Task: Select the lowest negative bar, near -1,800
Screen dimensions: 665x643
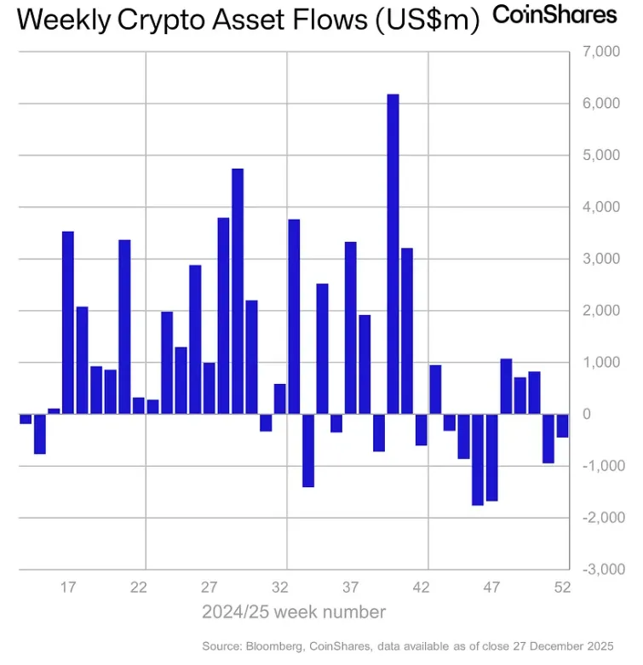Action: pos(477,460)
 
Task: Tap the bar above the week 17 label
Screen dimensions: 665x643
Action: pos(68,323)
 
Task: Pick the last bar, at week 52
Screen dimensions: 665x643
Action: pos(562,425)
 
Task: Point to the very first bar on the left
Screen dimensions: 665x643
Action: pos(26,418)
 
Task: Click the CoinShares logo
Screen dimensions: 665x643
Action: pos(554,14)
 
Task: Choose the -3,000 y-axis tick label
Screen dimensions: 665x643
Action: pos(603,570)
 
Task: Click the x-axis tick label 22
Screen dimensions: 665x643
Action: pos(139,587)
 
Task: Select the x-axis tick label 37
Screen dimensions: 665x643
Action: pos(351,587)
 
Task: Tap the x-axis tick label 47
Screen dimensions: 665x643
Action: pos(491,587)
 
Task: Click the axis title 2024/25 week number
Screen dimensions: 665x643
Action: pos(294,611)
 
